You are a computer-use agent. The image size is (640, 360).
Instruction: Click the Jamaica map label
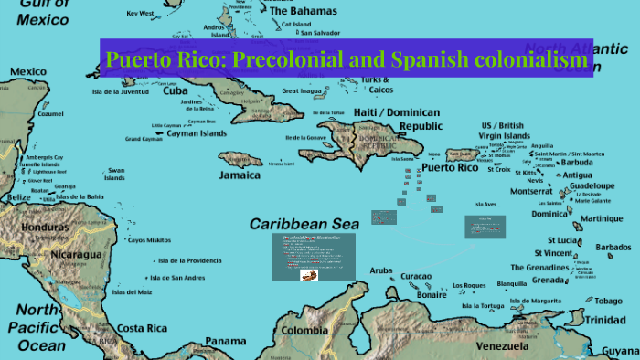pos(240,174)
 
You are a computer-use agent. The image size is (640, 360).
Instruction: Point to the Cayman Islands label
pos(197,132)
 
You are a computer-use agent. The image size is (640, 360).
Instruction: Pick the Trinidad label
pos(606,320)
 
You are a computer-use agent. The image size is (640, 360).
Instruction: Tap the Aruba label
pos(381,271)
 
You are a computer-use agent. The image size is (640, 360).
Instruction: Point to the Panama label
pos(226,342)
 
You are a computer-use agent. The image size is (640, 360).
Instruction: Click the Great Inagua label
pos(302,91)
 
